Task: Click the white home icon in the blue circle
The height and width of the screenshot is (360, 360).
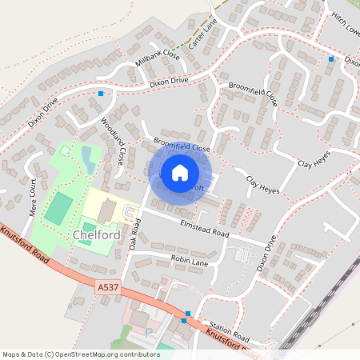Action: click(x=180, y=171)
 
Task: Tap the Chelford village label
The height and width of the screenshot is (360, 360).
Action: click(x=96, y=236)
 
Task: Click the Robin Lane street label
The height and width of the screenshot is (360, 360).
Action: click(x=189, y=260)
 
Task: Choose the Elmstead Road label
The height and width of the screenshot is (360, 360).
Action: click(x=205, y=229)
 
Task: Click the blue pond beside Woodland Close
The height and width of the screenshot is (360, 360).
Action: click(x=87, y=157)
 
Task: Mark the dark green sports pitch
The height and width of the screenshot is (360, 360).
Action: click(x=57, y=208)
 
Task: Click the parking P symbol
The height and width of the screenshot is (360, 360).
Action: click(x=148, y=332)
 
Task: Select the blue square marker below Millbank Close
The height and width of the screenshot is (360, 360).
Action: click(x=101, y=94)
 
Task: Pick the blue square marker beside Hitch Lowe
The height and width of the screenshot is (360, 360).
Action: click(x=330, y=58)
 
